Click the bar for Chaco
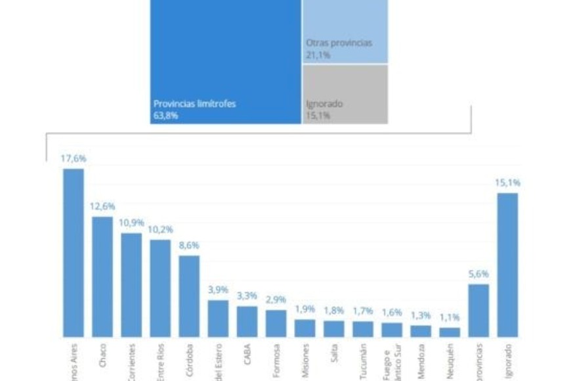(102, 277)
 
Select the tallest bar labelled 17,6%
(74, 253)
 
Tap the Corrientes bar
(131, 285)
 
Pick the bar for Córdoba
(189, 296)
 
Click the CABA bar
(247, 321)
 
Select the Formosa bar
(276, 323)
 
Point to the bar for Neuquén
(450, 332)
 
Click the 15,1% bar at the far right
(507, 265)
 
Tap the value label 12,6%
(102, 206)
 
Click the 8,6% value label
(189, 245)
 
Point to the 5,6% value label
(478, 274)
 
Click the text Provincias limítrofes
(194, 103)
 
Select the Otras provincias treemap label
(339, 43)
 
